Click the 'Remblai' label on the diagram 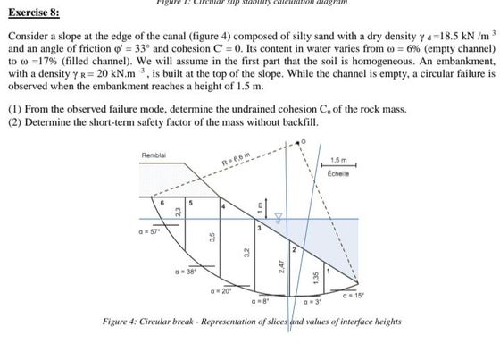154,157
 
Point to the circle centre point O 303,141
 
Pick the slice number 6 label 162,203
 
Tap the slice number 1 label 329,268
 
